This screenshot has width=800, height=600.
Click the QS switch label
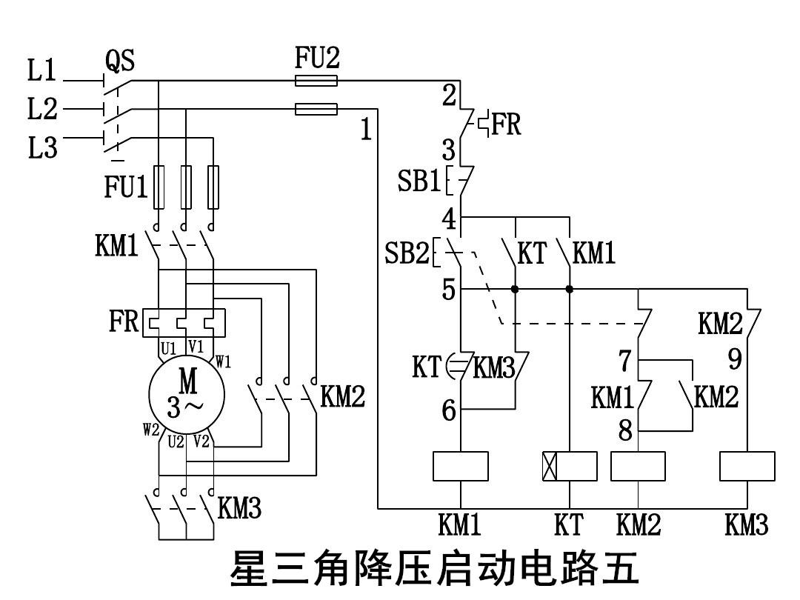coord(121,59)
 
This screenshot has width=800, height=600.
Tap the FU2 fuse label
coord(317,59)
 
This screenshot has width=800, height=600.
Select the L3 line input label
coord(42,148)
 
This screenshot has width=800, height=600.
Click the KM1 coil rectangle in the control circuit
coord(460,466)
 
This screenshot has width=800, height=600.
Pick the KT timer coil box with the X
coord(570,466)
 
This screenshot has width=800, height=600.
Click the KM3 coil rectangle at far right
coord(747,466)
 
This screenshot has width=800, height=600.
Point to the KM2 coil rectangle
coord(638,466)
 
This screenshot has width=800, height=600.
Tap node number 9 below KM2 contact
coord(735,359)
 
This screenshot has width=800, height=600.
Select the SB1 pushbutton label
coord(419,181)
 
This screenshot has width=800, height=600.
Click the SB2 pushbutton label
coord(407,254)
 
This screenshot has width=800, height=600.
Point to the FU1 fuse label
coord(125,187)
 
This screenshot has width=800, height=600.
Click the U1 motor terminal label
coord(168,347)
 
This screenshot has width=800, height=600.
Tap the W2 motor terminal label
coord(151,430)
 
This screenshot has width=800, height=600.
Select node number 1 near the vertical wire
coord(366,130)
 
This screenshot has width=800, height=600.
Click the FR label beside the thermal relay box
coord(124,322)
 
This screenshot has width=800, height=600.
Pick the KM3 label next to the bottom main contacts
coord(239,509)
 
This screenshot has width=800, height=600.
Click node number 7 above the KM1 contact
coord(625,361)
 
